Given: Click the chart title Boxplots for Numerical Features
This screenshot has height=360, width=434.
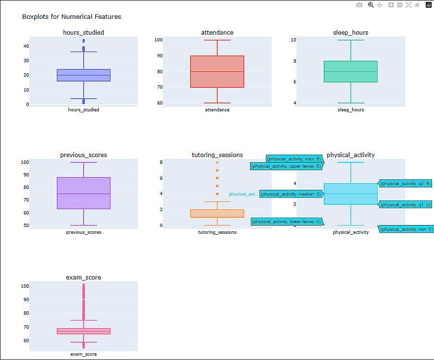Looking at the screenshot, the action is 71,16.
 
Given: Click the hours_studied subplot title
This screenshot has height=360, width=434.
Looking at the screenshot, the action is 84,32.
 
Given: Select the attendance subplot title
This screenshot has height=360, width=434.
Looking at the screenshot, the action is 217,32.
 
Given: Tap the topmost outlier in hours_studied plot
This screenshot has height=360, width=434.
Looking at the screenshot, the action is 84,41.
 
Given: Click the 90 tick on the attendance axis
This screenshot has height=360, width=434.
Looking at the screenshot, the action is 160,55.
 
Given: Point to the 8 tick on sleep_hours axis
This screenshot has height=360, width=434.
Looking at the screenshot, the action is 295,61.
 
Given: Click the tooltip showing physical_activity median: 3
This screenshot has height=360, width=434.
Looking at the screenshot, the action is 291,194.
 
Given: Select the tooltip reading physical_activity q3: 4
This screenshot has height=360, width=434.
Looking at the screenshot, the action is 405,183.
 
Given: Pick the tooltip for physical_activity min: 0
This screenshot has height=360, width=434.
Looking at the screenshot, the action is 407,229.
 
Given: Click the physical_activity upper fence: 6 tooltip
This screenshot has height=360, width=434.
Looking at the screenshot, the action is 286,166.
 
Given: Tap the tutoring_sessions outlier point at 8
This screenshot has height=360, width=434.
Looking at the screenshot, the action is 217,162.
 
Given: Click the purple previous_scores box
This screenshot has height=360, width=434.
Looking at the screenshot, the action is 84,193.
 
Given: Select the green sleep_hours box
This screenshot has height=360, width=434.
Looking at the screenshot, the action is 351,71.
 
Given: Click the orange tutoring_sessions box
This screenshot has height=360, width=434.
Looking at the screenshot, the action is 217,213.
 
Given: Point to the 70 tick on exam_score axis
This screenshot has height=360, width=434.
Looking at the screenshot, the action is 26,327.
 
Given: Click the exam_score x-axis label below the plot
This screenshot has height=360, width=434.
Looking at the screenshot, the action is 84,354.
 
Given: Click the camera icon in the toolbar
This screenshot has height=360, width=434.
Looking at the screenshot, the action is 359,5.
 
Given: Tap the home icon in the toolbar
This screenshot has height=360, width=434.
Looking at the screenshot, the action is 417,5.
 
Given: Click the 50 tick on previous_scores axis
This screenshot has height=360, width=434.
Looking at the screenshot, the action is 26,226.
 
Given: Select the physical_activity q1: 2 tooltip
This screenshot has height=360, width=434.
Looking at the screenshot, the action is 405,205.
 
